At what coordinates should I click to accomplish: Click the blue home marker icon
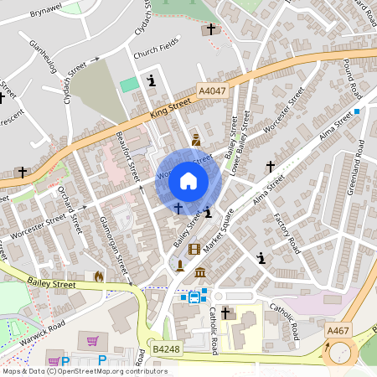188,179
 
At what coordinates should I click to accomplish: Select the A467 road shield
338,331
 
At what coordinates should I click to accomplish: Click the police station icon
195,139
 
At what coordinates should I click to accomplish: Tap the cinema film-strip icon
194,249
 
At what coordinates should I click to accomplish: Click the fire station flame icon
99,276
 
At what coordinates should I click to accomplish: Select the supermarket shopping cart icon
92,341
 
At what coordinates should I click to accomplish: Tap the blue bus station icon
194,296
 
